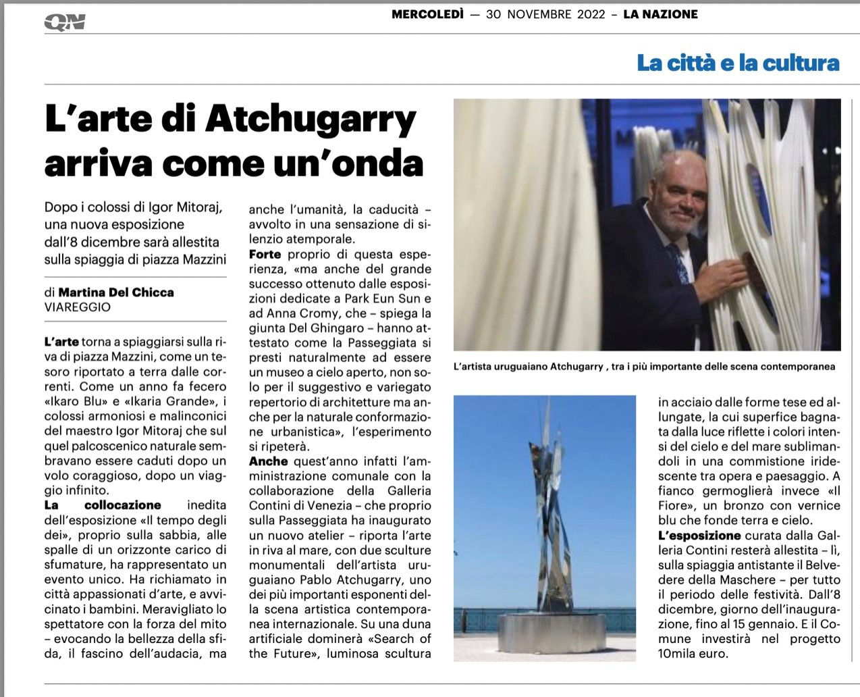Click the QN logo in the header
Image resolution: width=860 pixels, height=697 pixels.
click(x=65, y=22)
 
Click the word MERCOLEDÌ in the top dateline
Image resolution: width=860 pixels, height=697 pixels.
click(x=427, y=14)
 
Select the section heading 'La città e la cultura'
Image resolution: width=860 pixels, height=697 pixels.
click(x=738, y=63)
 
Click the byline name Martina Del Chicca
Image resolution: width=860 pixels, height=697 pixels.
click(x=116, y=292)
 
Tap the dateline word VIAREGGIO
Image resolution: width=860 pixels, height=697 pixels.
click(x=78, y=307)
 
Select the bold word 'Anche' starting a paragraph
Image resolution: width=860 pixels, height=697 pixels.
click(x=268, y=462)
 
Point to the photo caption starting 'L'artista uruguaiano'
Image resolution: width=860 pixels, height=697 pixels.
click(x=644, y=367)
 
